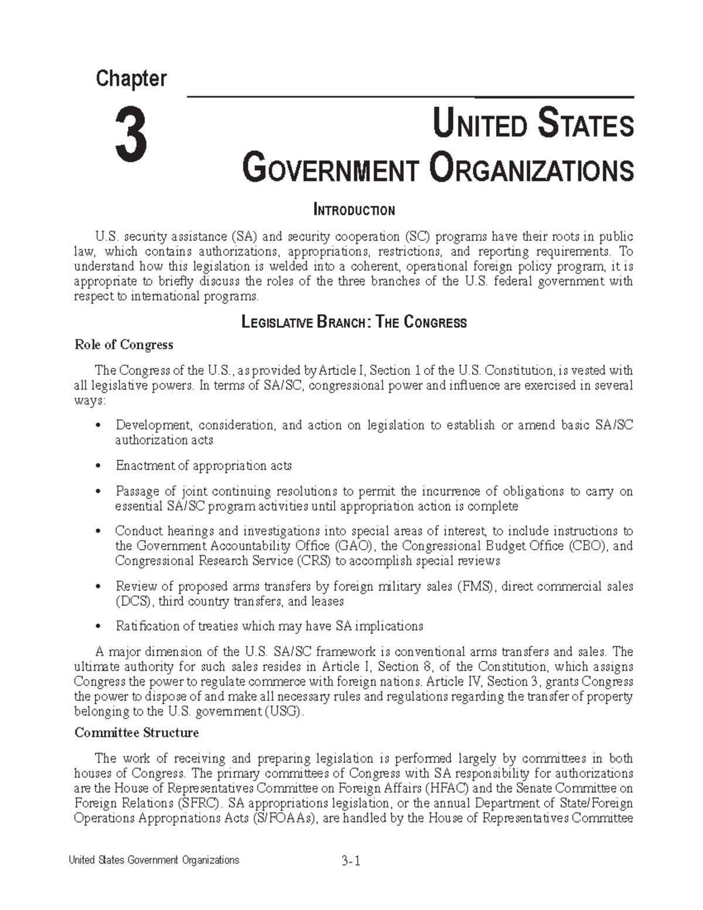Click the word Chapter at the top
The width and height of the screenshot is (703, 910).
132,79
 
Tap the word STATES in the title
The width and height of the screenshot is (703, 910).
585,125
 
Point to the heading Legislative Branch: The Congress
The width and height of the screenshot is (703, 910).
354,322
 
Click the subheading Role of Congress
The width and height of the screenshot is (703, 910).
124,345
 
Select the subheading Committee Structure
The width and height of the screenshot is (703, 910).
136,732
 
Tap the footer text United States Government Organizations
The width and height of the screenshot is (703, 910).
154,860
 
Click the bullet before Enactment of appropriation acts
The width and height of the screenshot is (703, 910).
98,466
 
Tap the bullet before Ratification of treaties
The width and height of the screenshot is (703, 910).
98,627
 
